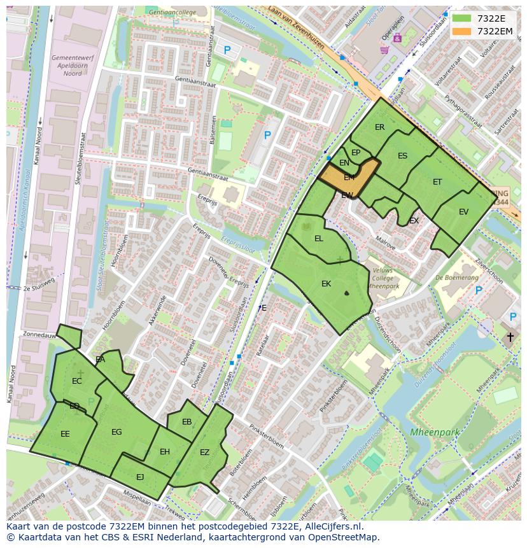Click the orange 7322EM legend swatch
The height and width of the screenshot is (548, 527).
coord(463,31)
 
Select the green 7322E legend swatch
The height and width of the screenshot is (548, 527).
coord(463,18)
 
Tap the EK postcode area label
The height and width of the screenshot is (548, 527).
coord(326,284)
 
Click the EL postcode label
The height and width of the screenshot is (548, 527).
coord(319,239)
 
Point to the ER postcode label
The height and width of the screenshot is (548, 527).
coord(379,127)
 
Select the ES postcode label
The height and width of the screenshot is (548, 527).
coord(402,156)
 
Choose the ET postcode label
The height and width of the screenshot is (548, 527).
coord(437,182)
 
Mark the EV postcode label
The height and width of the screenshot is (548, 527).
coord(463,212)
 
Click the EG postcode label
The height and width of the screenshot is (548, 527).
coord(116,432)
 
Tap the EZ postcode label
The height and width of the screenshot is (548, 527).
coord(204,453)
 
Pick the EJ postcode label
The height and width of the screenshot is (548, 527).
coord(140,477)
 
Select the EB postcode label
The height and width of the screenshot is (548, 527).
coord(186,422)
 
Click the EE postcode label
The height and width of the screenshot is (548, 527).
coord(65,434)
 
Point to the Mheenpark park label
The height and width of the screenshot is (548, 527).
coord(434,432)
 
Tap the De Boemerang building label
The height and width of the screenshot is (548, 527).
coord(457,278)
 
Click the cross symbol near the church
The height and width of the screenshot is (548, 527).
coord(510,337)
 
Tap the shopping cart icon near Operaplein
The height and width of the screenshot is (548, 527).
coord(384,49)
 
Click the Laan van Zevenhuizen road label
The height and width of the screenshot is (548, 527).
coord(298,31)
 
